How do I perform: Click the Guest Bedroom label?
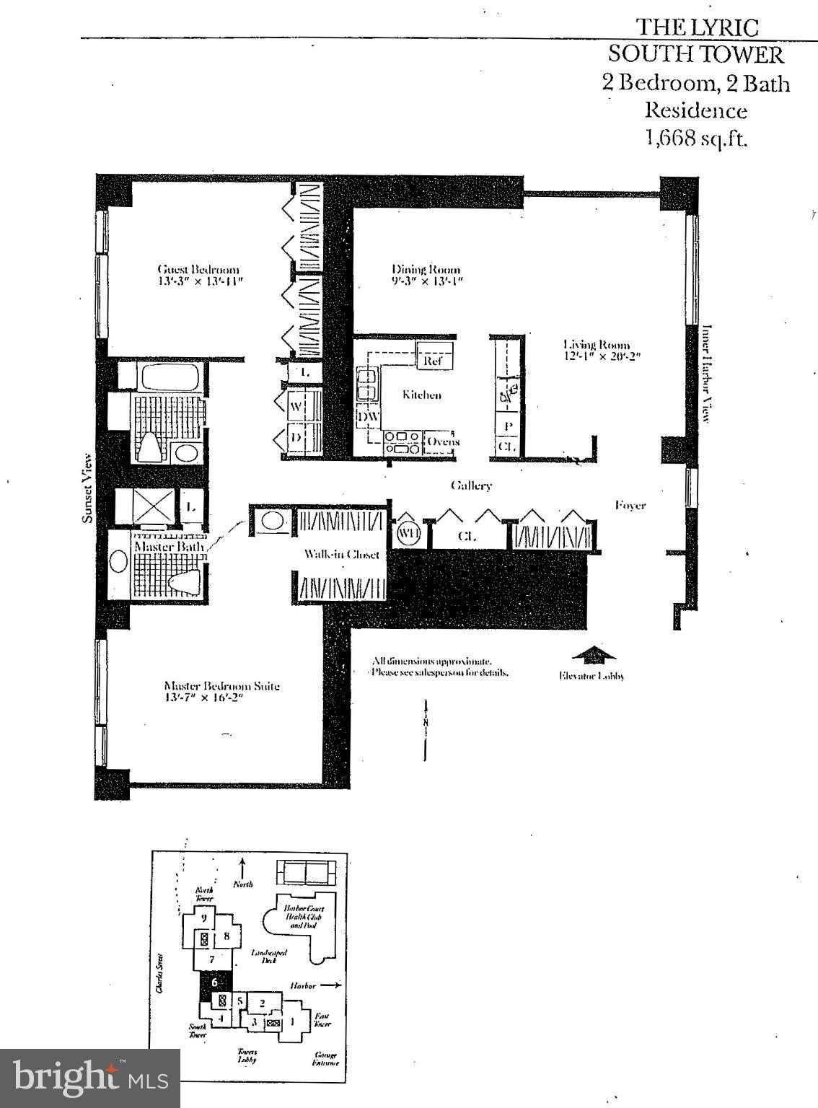pos(198,270)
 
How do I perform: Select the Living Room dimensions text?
pos(602,356)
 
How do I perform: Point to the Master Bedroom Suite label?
pos(221,686)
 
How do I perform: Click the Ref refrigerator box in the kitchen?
pos(434,358)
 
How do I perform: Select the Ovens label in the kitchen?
pos(442,441)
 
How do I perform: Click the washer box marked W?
pos(296,406)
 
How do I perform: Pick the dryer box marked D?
pos(296,438)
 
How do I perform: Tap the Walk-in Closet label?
pos(341,554)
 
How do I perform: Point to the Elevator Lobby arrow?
pos(593,655)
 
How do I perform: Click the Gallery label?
pos(471,485)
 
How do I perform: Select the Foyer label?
pos(630,505)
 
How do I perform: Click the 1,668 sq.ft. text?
pos(696,138)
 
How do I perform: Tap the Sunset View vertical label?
pos(87,488)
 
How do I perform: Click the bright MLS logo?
pos(89,1078)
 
